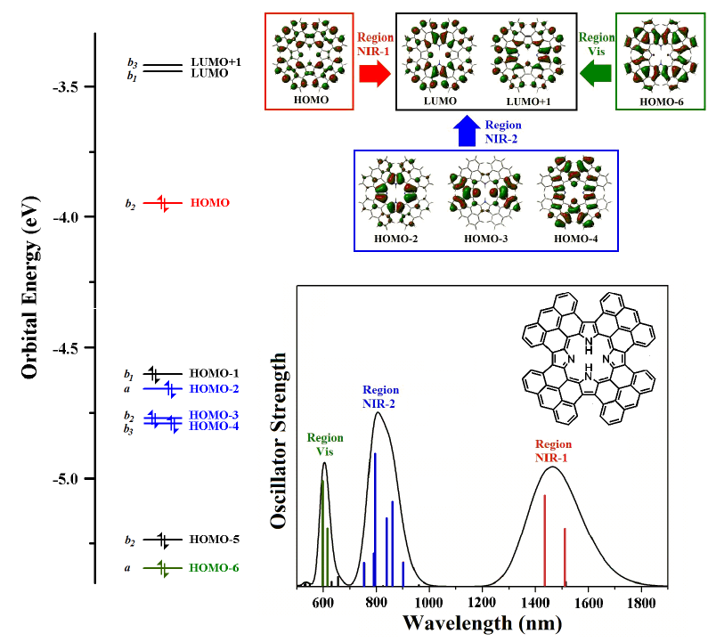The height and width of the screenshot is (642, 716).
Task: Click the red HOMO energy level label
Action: [210, 203]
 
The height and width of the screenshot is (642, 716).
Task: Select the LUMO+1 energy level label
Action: [216, 62]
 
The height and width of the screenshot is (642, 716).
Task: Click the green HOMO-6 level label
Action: [215, 567]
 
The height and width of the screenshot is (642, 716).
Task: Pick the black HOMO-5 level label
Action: [215, 540]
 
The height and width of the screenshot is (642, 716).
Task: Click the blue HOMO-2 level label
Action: [215, 389]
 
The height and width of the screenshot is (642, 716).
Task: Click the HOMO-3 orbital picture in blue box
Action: [482, 193]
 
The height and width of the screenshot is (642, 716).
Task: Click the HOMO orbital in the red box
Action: [311, 59]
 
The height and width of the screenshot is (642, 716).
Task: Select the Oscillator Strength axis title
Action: [280, 441]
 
